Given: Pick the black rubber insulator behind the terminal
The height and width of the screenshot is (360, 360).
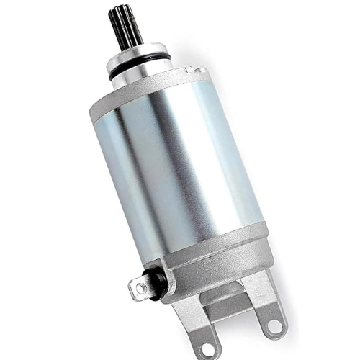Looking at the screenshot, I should point(156,276).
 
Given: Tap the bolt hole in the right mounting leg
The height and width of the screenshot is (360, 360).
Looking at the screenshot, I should point(274,326).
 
